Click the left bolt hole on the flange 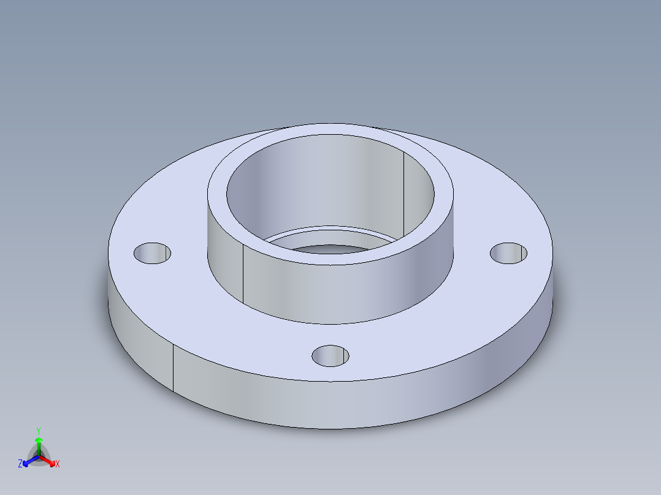point(151,253)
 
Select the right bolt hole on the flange point(509,253)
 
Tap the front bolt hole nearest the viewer point(330,355)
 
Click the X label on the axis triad point(58,464)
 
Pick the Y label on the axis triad point(38,431)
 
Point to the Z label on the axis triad point(20,464)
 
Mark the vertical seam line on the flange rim point(173,368)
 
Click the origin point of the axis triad point(38,457)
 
